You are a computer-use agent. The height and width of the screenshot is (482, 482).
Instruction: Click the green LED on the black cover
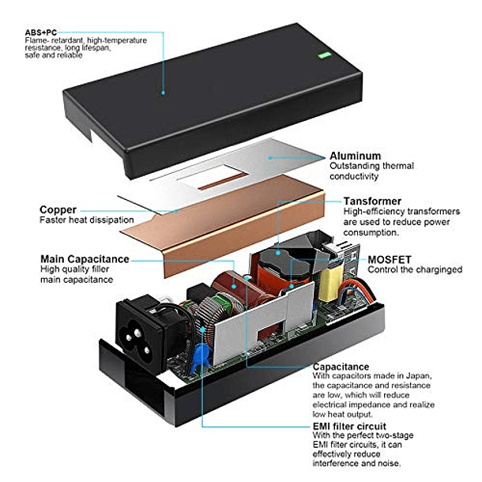coord(325,55)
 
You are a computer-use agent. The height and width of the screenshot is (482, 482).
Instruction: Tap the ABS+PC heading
coord(41,32)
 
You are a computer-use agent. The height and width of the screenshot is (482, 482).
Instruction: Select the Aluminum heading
coord(355,156)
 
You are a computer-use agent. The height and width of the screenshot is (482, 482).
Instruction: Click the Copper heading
coord(58,209)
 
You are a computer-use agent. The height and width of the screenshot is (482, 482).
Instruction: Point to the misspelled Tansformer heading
coord(372,201)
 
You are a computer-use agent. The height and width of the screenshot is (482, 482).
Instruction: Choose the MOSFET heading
coord(390,259)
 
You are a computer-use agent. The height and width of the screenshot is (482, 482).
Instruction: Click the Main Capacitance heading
coord(85,259)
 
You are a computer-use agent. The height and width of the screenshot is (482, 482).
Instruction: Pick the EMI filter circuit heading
coord(349,427)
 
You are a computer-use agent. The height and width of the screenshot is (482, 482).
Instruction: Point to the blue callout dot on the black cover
coord(164,92)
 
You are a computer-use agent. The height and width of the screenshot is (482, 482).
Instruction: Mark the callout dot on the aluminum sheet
coord(270,158)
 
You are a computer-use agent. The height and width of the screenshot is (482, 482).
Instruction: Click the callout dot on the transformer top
coord(278,253)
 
